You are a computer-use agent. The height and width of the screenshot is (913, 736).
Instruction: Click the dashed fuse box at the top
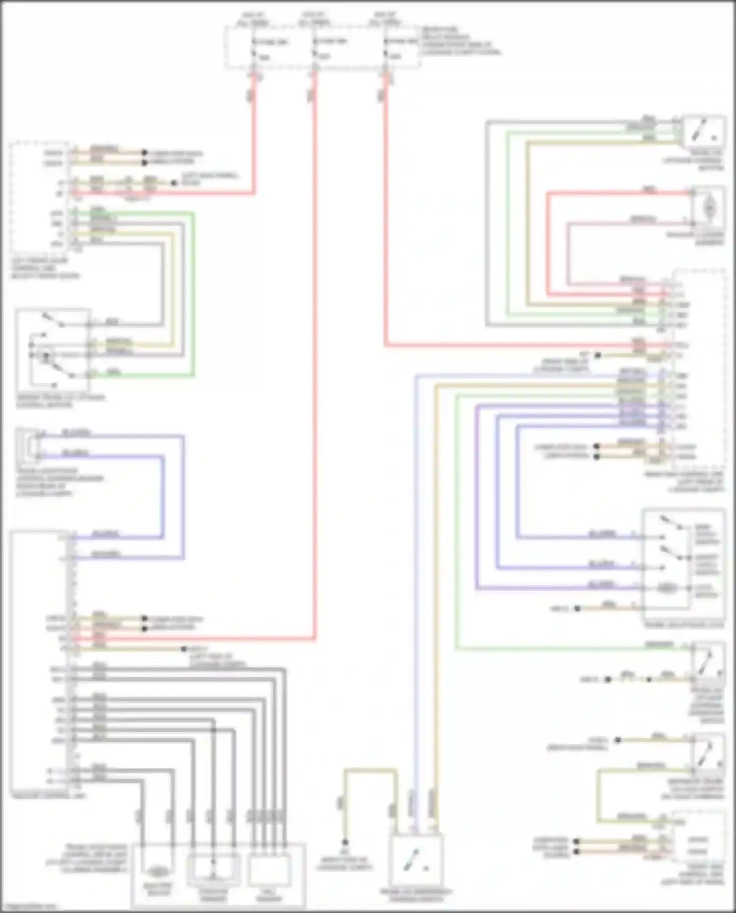click(322, 48)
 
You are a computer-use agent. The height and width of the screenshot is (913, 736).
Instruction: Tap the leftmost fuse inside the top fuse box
click(254, 48)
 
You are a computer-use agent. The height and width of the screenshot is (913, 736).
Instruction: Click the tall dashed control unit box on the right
click(699, 368)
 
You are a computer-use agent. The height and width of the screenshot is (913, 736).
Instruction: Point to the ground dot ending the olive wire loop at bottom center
click(345, 842)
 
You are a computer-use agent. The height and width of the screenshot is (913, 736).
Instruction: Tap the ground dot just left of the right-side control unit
click(597, 355)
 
